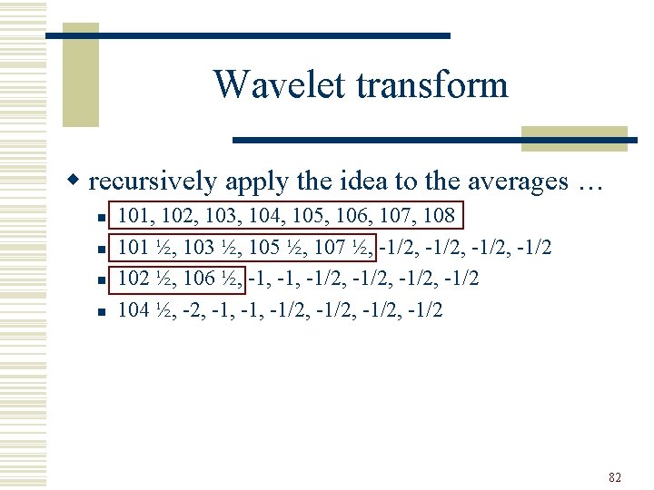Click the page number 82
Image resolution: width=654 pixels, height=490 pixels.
[615, 477]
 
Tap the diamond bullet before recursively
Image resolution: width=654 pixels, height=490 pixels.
[78, 182]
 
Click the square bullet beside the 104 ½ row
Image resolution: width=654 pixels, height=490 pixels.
[102, 311]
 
